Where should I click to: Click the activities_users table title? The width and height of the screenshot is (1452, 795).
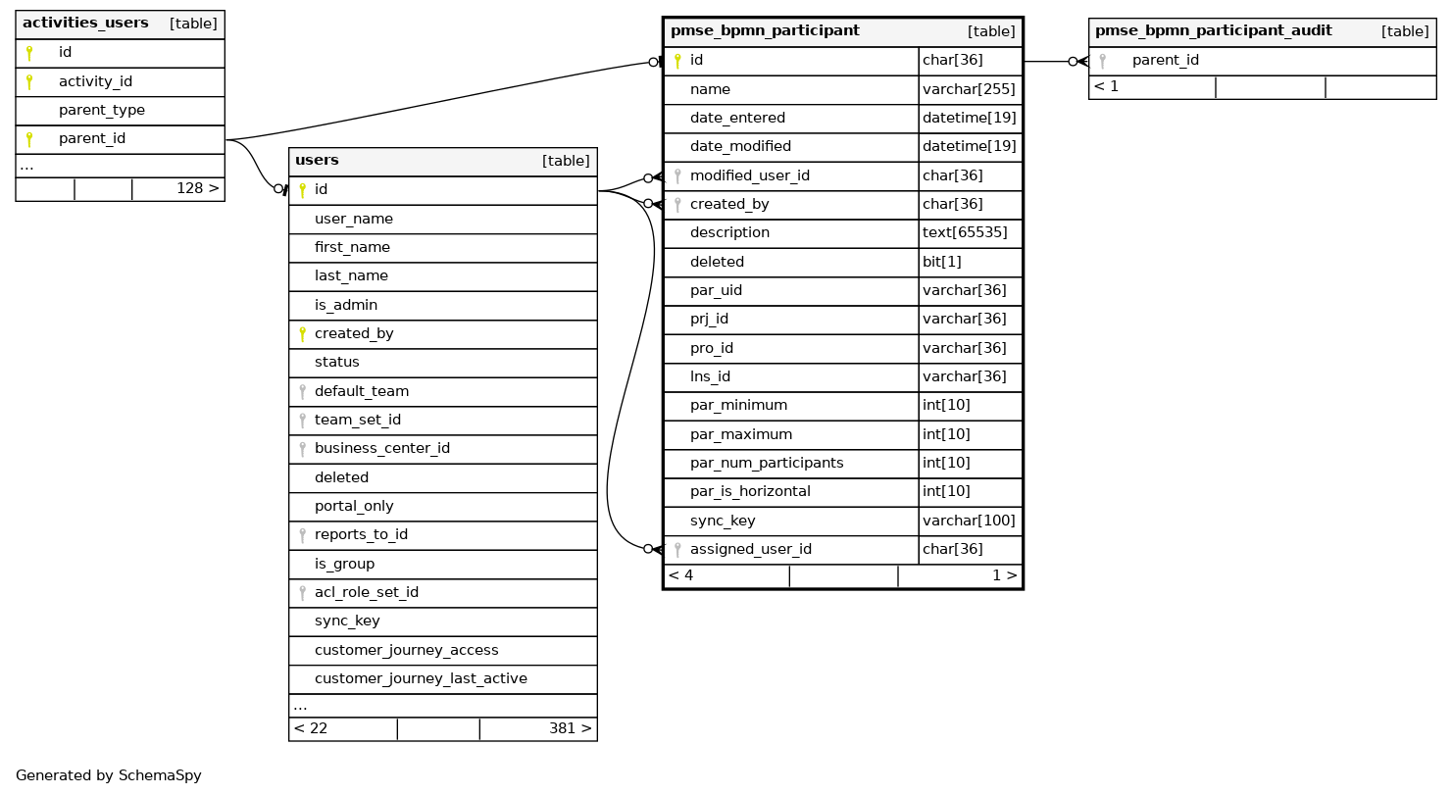85,23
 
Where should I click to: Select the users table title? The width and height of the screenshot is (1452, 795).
317,161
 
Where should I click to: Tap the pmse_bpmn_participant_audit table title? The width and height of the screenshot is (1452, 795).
1213,30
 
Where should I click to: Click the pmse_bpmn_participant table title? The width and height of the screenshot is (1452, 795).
765,30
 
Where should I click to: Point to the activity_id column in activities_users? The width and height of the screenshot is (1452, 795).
95,81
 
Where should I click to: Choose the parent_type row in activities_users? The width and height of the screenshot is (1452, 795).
101,110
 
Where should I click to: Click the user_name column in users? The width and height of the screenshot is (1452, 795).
353,219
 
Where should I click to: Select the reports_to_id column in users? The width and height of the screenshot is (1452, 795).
361,534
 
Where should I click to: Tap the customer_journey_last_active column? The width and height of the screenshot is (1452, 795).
421,678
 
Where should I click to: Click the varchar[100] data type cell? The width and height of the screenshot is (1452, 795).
969,521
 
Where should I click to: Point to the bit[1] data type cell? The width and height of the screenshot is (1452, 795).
942,262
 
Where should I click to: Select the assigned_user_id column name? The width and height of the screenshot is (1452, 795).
750,549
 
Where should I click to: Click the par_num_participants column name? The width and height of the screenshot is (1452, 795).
766,463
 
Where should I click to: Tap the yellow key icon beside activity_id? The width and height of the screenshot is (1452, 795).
30,81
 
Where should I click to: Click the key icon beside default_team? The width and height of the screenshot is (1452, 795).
302,391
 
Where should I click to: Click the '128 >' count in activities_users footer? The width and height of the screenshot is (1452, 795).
197,187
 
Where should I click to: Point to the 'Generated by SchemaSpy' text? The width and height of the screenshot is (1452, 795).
108,775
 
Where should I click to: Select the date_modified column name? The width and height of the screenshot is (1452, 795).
740,146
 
